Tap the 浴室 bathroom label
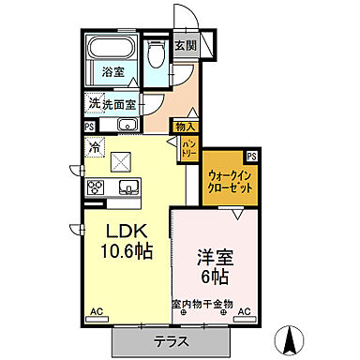point(113,72)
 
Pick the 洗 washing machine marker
point(95,104)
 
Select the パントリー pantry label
point(187,146)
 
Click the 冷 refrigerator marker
point(94,146)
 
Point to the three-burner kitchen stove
point(97,187)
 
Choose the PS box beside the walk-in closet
point(251,156)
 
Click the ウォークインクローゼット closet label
point(231,179)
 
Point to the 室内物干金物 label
point(202,305)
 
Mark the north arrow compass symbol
point(291,338)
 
